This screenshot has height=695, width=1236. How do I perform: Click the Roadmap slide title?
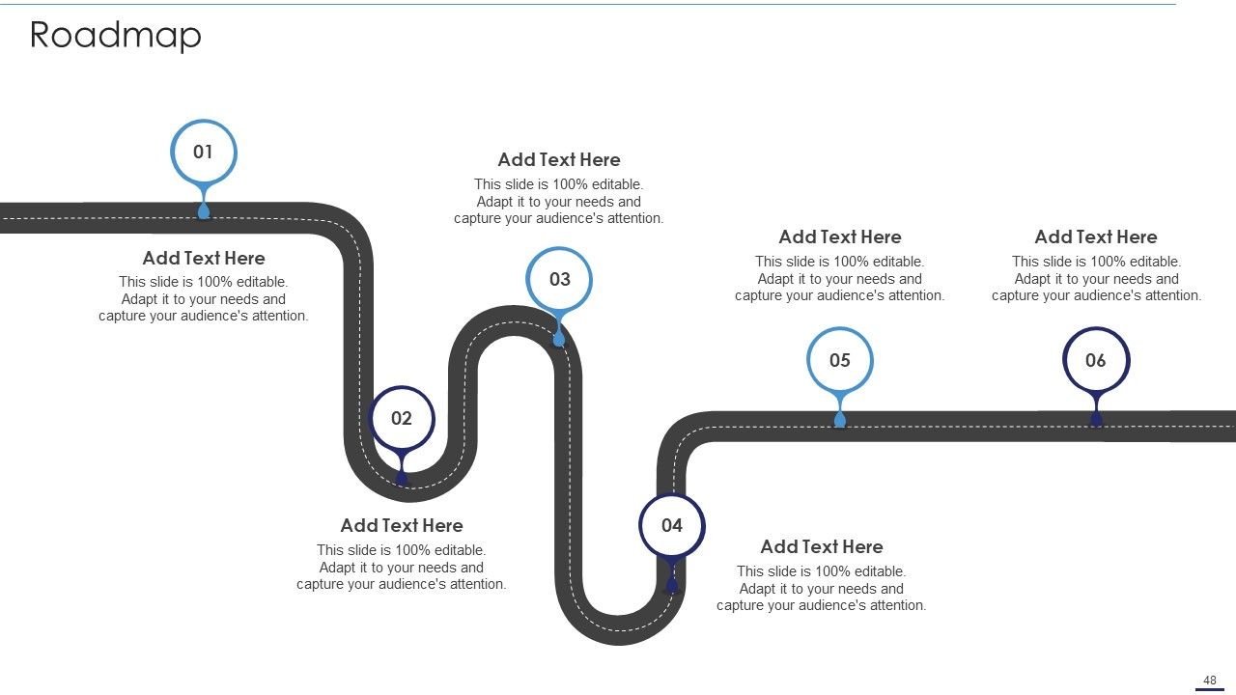[115, 36]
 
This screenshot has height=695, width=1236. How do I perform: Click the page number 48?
[1210, 681]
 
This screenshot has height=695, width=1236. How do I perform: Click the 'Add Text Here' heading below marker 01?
[204, 258]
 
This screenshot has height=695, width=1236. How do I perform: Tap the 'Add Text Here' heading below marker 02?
[402, 526]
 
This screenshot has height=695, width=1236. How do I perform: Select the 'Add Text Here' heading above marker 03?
[559, 160]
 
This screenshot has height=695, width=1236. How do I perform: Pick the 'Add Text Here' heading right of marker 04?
[822, 546]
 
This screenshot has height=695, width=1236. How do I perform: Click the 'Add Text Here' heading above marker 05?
[840, 237]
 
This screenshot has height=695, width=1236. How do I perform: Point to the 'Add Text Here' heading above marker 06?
[1096, 237]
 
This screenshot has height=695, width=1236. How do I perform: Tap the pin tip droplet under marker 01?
[204, 211]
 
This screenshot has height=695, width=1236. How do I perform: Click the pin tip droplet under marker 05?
[840, 420]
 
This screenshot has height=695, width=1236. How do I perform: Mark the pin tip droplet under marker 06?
[1096, 420]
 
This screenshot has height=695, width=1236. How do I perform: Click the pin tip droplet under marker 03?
[559, 339]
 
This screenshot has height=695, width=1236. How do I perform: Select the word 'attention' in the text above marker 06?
[1171, 295]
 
